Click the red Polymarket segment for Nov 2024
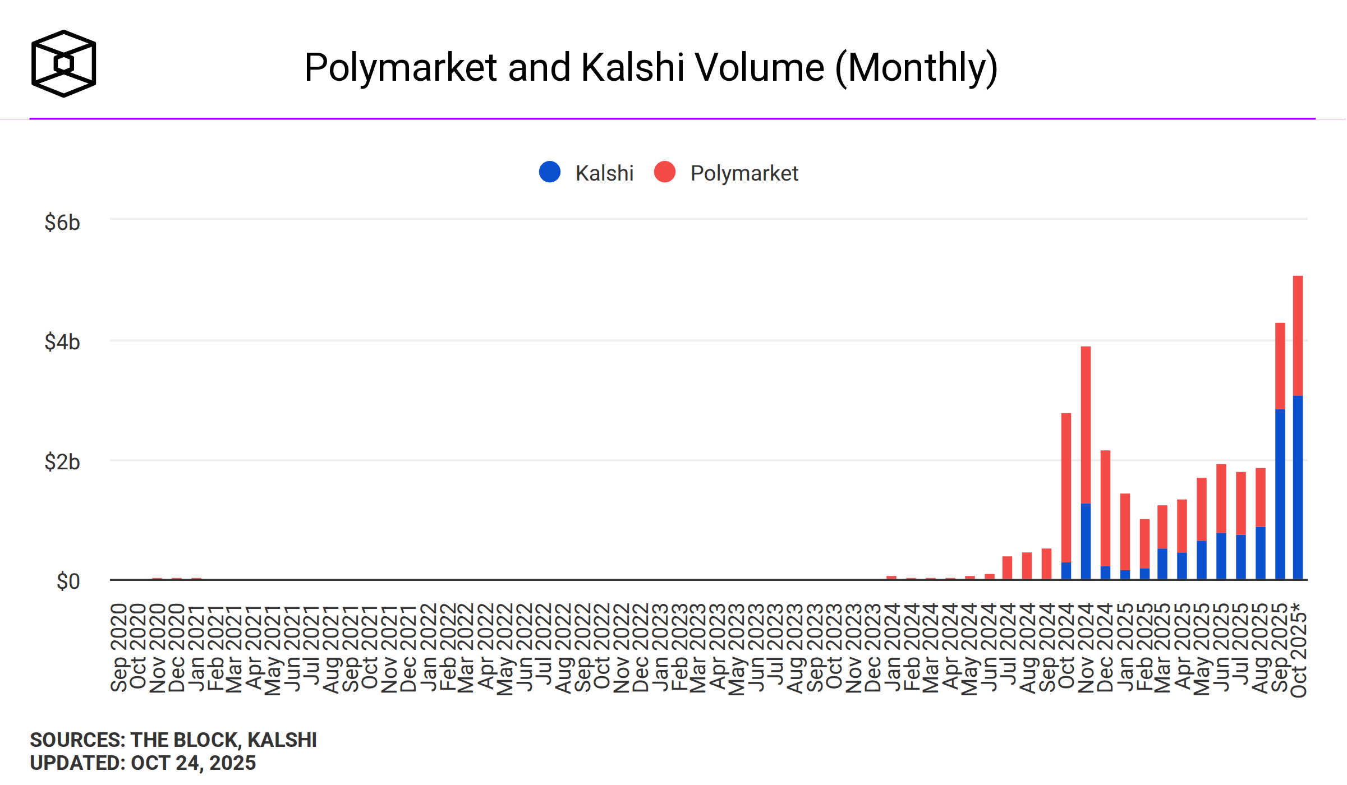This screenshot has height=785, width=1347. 1086,424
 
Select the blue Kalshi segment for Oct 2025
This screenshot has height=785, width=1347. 1298,487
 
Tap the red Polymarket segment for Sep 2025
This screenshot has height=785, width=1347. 1280,366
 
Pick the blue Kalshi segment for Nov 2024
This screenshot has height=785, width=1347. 1086,541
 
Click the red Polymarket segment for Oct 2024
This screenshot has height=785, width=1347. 1066,487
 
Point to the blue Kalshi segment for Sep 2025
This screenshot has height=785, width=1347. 1280,493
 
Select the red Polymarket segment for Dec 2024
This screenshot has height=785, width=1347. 1105,507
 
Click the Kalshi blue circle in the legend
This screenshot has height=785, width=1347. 550,172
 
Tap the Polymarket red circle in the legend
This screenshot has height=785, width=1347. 665,172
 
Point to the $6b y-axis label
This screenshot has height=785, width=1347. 62,223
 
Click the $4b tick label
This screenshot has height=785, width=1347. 62,342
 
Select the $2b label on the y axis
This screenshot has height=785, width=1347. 62,462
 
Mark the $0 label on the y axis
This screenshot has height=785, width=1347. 68,581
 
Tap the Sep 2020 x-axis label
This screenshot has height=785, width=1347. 118,648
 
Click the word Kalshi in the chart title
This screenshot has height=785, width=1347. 632,68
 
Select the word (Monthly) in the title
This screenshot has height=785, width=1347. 917,68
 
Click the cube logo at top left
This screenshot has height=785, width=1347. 63,63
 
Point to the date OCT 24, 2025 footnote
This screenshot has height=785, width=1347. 193,763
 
